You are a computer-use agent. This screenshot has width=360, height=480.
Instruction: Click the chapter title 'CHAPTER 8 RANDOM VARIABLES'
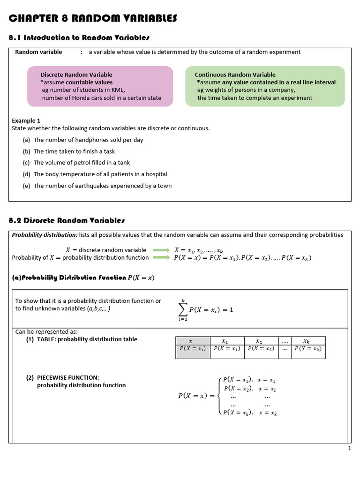point(93,18)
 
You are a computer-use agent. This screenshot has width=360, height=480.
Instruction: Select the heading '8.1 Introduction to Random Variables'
point(79,37)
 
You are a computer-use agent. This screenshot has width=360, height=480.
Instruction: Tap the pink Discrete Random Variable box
point(100,86)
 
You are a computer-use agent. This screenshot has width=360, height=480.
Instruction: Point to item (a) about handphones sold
point(88,140)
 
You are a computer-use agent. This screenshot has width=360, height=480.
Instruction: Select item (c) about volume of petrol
point(82,163)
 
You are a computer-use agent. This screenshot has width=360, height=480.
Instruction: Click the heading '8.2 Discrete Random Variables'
point(67,220)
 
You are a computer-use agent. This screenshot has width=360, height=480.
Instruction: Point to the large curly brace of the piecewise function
point(219,396)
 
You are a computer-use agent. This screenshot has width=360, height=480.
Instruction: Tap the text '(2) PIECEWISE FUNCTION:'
point(63,377)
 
